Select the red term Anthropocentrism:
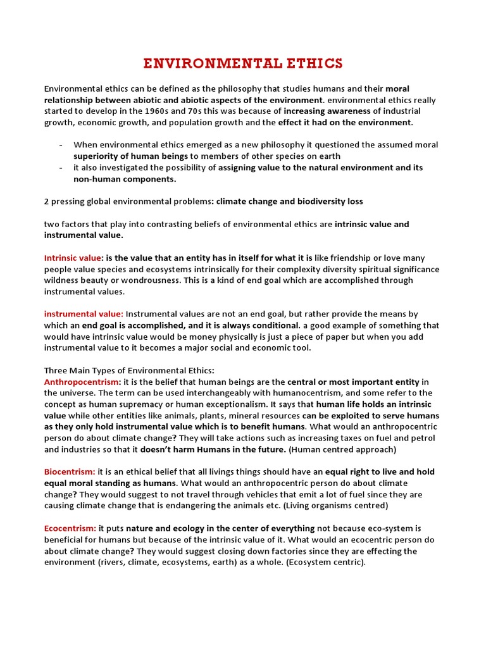coord(82,382)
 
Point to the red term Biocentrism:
coord(70,472)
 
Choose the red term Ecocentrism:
coord(70,528)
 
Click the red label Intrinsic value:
coord(73,258)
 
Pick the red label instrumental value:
coord(84,314)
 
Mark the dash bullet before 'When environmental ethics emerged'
coord(59,145)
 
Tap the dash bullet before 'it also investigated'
coord(59,168)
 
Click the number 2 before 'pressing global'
coord(47,202)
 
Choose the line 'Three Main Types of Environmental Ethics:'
coord(129,370)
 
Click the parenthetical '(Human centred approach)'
coord(342,449)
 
